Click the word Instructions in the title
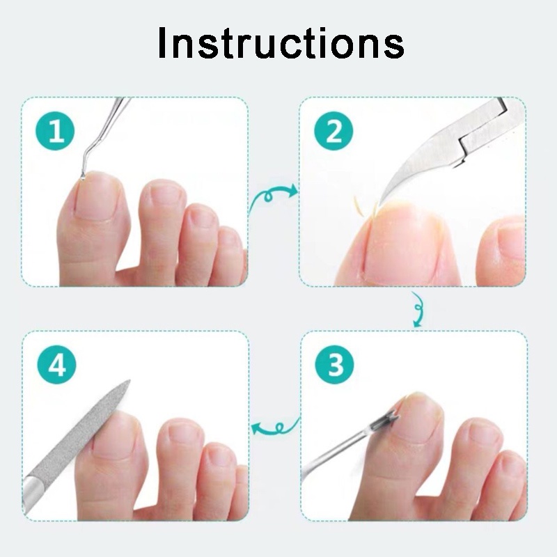pyautogui.click(x=280, y=43)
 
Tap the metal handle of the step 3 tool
pyautogui.click(x=334, y=453)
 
